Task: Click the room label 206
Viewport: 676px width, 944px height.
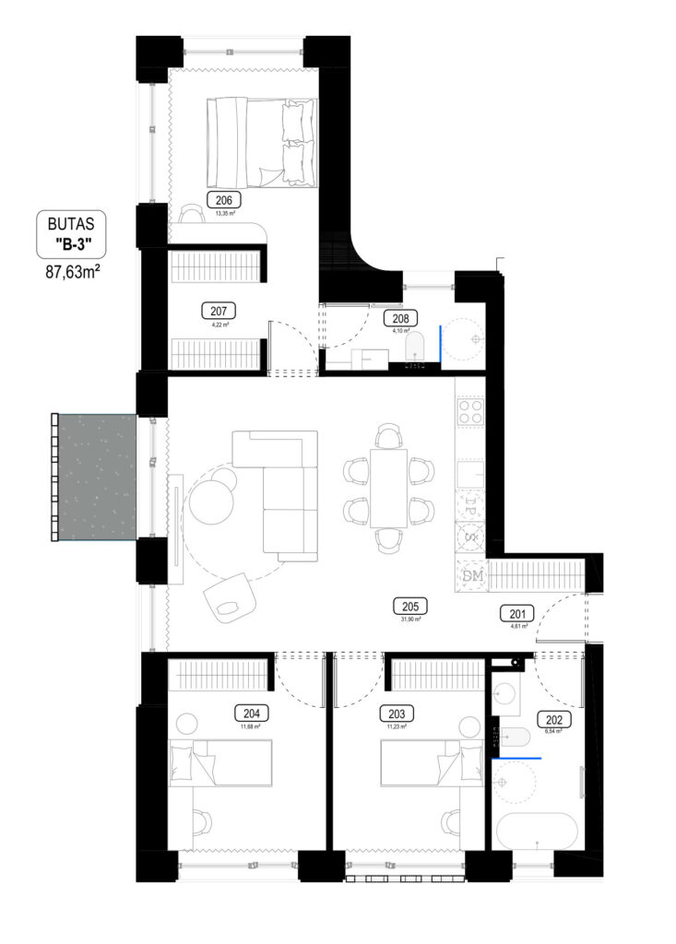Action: [223, 200]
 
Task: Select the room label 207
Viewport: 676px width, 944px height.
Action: [219, 312]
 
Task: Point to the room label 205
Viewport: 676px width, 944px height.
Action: [410, 607]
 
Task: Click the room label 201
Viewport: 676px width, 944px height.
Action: [516, 612]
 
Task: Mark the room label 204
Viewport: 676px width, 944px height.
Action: [251, 713]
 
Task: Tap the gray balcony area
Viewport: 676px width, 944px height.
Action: [92, 477]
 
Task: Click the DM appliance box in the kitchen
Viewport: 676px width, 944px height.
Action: [472, 576]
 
